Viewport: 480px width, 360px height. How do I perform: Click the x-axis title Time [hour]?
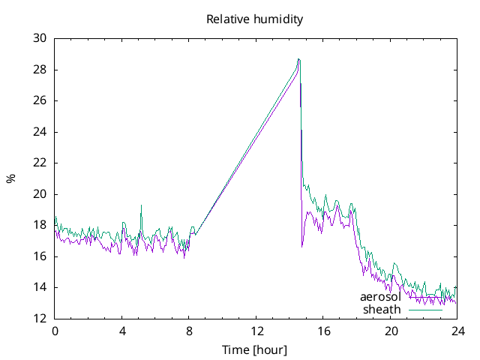[255, 349]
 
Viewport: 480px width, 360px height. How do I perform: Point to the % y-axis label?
[10, 178]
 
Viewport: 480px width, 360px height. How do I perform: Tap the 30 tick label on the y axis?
[40, 38]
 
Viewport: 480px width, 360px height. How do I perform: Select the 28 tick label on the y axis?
[40, 70]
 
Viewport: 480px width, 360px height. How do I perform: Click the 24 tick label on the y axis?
[40, 132]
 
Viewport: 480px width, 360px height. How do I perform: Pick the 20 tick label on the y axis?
[40, 194]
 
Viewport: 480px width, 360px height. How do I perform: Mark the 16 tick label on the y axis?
[40, 256]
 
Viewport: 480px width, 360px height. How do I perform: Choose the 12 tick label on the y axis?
[40, 319]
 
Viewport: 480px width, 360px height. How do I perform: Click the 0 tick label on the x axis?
[55, 331]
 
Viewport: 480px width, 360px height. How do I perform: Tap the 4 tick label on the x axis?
[122, 331]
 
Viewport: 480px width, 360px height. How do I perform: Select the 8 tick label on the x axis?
[189, 331]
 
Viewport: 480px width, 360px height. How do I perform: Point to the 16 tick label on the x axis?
[324, 331]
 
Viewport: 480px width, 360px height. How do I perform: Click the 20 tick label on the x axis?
[391, 331]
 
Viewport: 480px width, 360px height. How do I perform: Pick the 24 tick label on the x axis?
[458, 331]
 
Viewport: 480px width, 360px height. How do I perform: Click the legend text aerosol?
[380, 297]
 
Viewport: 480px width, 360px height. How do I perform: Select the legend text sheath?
[382, 309]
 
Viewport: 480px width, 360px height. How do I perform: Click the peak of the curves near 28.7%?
[298, 59]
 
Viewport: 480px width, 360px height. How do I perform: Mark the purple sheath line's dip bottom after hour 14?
[302, 246]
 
